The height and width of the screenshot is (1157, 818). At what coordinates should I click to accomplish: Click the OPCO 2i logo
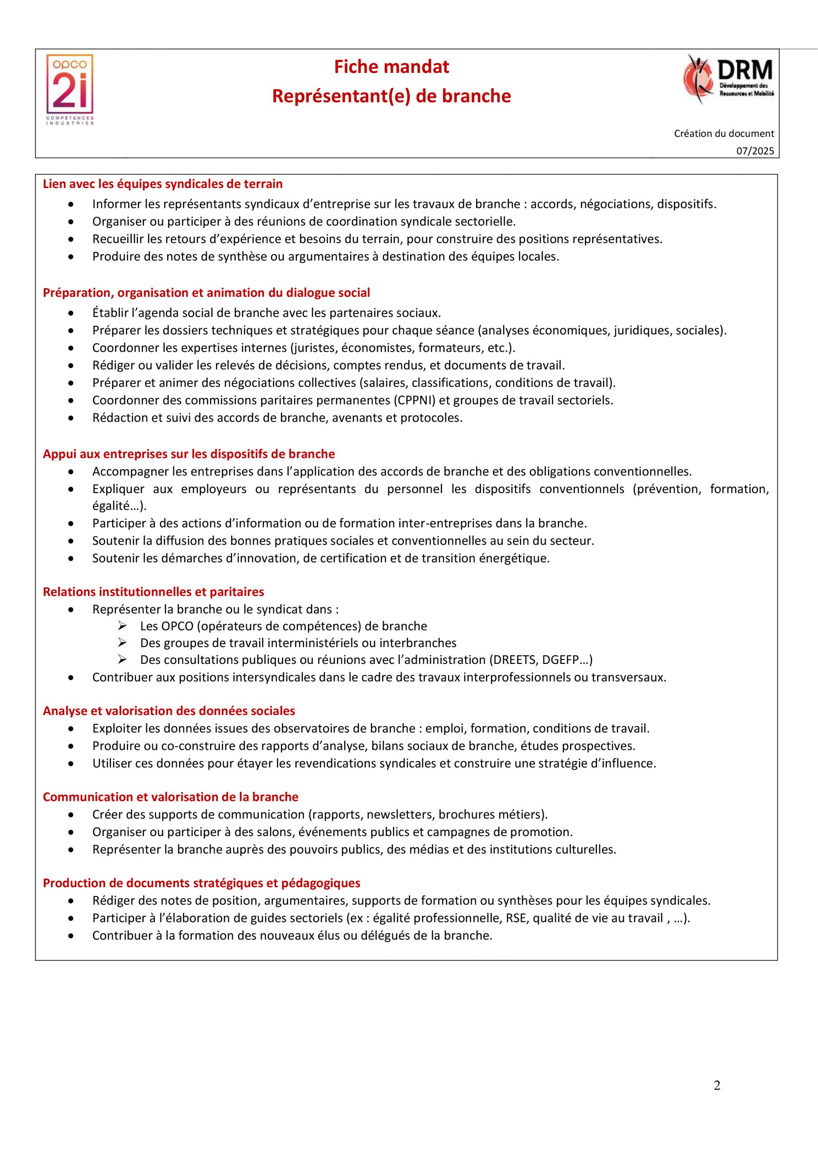(x=70, y=89)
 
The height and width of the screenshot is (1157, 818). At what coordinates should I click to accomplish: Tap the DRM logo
(x=728, y=80)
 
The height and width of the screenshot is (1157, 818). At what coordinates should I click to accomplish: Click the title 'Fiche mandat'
(x=391, y=67)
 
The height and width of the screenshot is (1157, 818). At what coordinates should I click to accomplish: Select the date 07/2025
(x=755, y=151)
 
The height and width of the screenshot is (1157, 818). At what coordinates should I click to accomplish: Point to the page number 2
(x=717, y=1099)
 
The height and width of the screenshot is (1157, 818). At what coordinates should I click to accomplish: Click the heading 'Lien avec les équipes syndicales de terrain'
(x=163, y=184)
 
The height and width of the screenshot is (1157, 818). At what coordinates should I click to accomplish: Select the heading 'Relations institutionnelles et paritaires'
(x=153, y=592)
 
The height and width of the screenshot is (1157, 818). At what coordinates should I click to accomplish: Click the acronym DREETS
(x=513, y=660)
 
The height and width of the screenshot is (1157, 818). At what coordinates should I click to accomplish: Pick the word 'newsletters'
(x=399, y=814)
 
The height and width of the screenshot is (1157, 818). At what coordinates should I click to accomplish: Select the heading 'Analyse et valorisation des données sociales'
(x=169, y=711)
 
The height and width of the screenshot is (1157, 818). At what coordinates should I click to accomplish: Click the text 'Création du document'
(x=724, y=133)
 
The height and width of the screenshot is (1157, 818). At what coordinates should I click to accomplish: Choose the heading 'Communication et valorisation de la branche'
(x=170, y=797)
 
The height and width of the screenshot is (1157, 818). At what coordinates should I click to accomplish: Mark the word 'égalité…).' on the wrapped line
(x=119, y=506)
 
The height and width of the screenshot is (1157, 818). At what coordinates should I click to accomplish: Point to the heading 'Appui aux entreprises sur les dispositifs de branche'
(x=189, y=454)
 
